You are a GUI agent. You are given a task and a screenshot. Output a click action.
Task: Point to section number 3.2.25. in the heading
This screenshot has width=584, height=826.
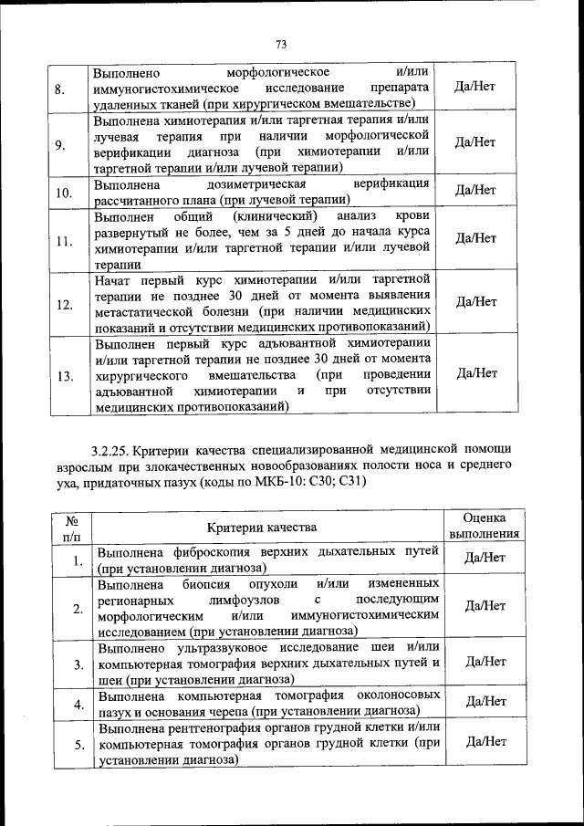(x=116, y=450)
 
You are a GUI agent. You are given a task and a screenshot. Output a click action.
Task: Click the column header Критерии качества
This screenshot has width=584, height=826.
(x=262, y=528)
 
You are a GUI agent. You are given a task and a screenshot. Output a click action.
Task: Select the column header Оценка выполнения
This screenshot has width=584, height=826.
(x=485, y=527)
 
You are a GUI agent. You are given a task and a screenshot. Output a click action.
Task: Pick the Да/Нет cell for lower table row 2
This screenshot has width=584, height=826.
(x=485, y=605)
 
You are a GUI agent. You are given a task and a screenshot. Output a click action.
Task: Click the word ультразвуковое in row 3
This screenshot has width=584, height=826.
(x=222, y=647)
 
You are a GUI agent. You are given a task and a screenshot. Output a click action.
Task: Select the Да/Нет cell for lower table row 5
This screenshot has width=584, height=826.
(x=485, y=742)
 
